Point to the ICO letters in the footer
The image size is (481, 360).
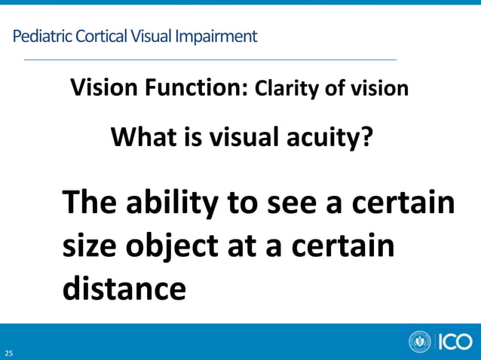click(x=455, y=342)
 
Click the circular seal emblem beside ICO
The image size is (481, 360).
click(x=420, y=342)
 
